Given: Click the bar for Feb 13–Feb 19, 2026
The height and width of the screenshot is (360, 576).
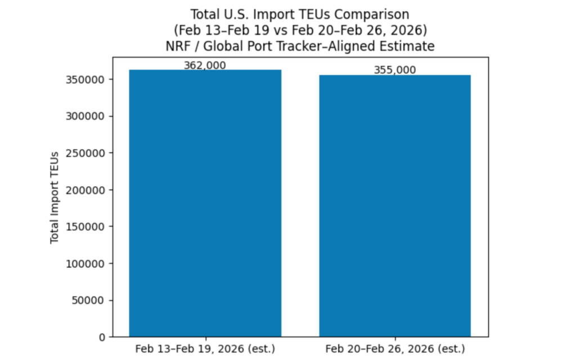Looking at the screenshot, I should tap(205, 202).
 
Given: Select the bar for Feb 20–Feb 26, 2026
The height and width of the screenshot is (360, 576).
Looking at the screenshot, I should tap(395, 205).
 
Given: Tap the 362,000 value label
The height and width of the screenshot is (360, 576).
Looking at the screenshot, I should tap(205, 65).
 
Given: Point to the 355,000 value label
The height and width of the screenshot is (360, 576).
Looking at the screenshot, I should tap(395, 70).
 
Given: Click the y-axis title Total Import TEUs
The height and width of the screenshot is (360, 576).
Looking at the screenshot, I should tap(55, 197).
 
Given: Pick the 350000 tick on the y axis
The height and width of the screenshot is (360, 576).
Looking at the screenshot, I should tap(88, 79).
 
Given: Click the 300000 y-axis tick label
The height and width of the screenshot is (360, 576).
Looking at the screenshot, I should tap(88, 116).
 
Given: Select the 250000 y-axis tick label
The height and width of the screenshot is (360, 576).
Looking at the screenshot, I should tap(88, 153).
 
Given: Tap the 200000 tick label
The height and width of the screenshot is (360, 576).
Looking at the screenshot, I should tap(88, 190).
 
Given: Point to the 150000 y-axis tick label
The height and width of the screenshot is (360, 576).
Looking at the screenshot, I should tap(88, 227).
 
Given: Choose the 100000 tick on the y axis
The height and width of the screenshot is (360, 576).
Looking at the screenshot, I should tap(88, 263).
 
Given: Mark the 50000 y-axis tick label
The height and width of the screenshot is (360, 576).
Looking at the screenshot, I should tap(91, 300).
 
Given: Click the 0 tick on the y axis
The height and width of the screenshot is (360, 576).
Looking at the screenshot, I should tap(102, 337).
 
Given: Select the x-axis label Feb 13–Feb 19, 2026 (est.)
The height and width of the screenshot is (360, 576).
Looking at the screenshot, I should tap(205, 348).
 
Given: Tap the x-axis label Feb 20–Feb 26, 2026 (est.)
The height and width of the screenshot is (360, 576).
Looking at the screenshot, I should tap(395, 348).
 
